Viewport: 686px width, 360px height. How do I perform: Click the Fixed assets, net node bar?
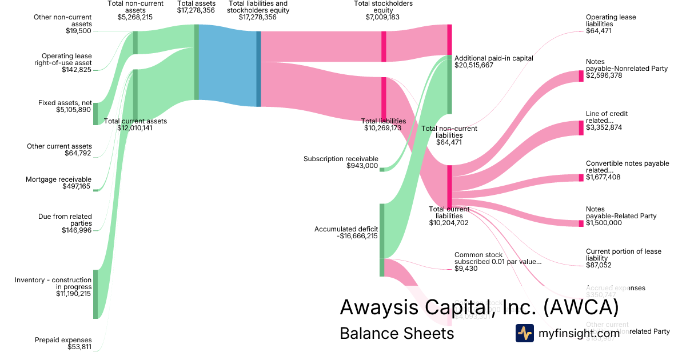coord(95,114)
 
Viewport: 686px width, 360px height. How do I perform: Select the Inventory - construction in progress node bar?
coord(95,294)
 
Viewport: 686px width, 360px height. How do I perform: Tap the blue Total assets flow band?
coord(228,65)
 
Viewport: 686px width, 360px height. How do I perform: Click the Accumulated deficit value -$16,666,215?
coord(357,236)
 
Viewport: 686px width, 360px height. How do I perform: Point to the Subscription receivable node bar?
coord(382,169)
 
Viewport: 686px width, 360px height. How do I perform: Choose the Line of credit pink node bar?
coord(581,127)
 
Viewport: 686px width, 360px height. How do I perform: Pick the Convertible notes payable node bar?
coord(581,177)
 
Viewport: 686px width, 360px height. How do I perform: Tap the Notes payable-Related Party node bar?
coord(581,223)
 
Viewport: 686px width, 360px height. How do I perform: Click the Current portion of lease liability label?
coord(623,255)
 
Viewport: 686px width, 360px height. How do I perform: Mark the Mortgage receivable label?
coord(58,179)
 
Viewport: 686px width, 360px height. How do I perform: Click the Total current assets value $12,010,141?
coord(135,128)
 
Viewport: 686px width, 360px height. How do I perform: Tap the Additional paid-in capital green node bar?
coord(449,85)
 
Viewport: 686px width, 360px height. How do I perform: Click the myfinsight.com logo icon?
coord(524,333)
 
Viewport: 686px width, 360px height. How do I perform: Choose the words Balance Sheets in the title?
coord(396,333)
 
